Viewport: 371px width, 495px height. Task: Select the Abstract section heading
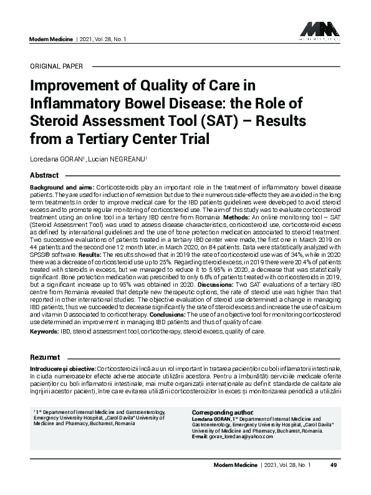44,175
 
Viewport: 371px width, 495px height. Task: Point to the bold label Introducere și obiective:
64,369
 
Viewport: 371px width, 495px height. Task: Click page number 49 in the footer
334,465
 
